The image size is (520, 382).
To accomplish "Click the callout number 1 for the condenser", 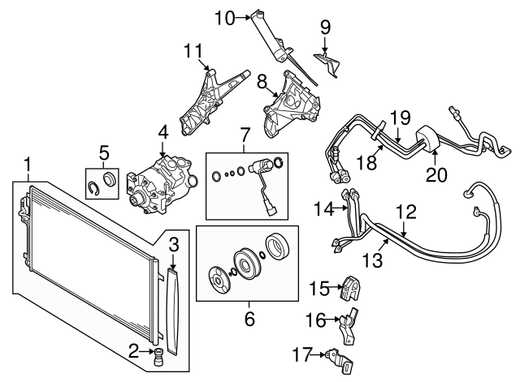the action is (28, 165).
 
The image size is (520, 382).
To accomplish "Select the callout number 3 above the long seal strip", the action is (174, 244).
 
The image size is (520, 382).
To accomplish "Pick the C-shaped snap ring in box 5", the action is (95, 188).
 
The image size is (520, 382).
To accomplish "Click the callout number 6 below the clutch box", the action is (249, 319).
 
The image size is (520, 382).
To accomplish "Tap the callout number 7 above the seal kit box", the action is (245, 135).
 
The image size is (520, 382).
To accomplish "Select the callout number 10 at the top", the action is (225, 18).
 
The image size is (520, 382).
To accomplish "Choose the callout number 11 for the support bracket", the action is (193, 51).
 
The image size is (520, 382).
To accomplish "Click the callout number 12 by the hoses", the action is (406, 212).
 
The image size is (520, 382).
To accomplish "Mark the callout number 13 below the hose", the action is (373, 260).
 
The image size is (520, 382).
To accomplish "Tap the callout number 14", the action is (324, 209).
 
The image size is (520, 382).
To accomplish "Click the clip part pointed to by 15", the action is (351, 288).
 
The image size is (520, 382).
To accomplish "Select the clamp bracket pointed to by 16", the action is (348, 326).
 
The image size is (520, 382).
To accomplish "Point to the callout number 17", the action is (303, 354).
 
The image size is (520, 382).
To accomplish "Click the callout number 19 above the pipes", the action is (400, 117).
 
